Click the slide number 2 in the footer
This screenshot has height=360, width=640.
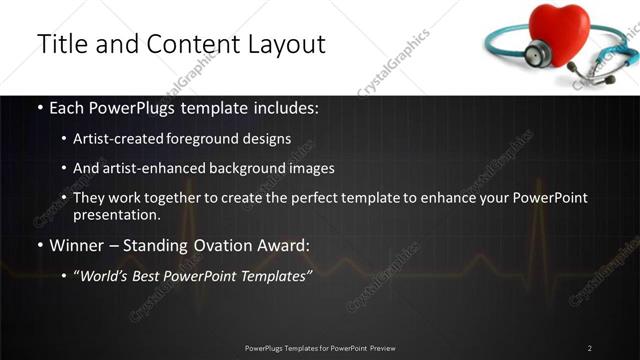[589, 347]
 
